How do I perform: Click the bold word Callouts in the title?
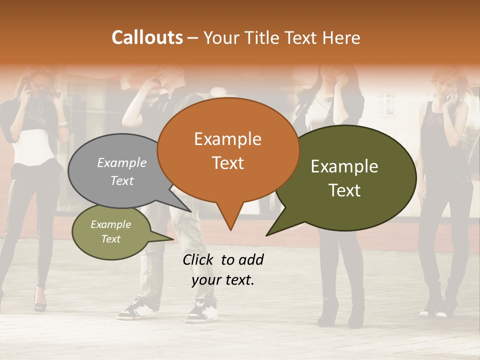click(147, 37)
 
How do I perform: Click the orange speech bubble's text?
click(228, 150)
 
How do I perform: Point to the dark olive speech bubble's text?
click(344, 178)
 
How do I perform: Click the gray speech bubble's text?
click(122, 171)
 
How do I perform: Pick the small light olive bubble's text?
click(110, 231)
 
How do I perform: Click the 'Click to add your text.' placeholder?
click(223, 270)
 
